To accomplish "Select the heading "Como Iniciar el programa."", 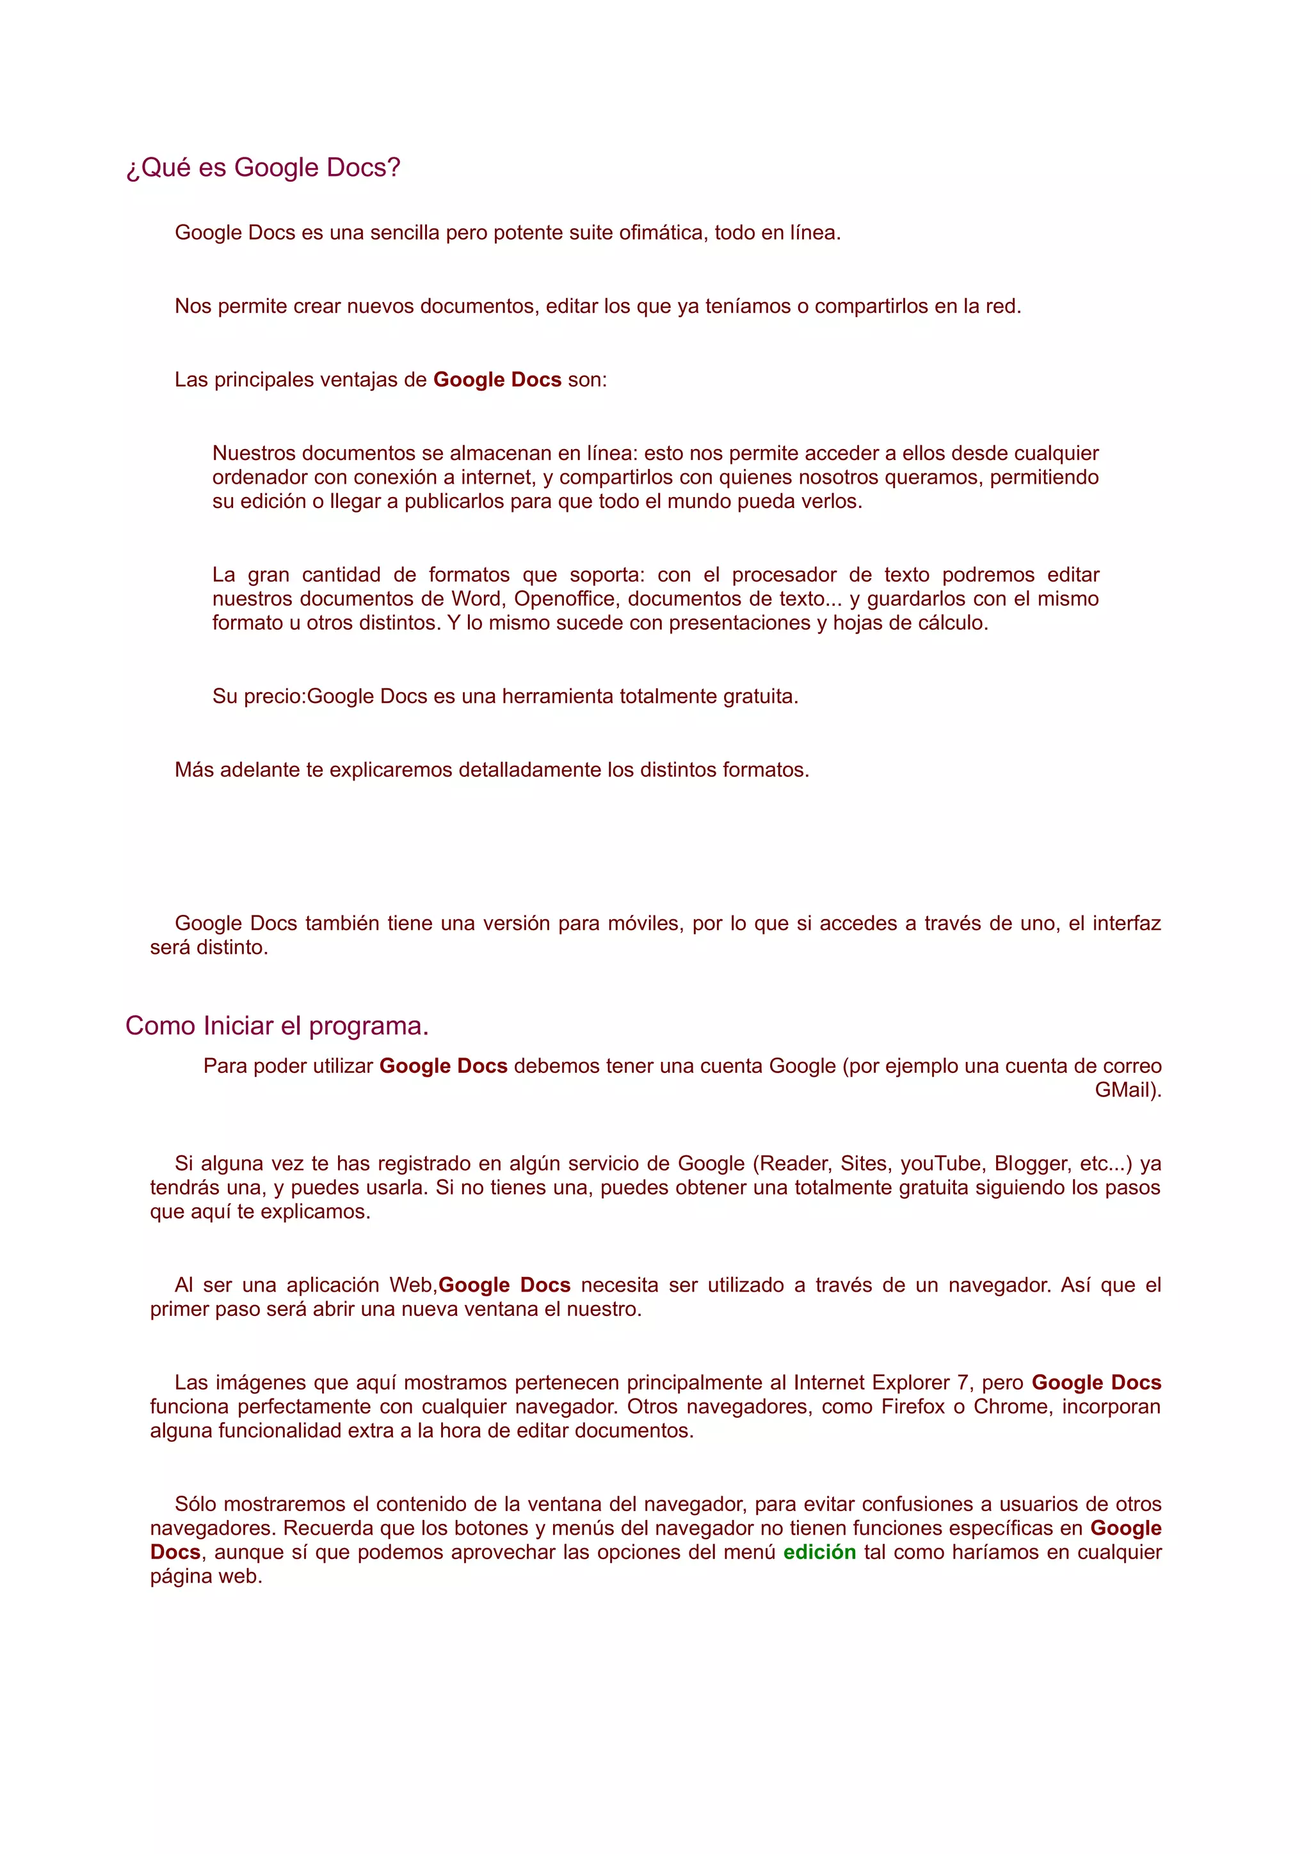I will point(277,1026).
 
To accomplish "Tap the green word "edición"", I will point(819,1552).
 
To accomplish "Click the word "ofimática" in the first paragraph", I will point(663,233).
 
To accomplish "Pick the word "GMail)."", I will point(1128,1090).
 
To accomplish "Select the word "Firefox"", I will point(913,1407).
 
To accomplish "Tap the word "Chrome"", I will point(1011,1407).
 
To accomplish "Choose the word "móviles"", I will point(643,923).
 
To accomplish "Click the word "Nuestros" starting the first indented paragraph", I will point(253,453).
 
